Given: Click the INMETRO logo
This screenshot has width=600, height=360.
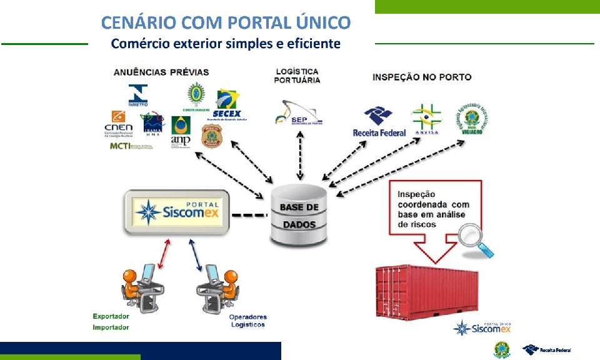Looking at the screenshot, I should click(x=138, y=95).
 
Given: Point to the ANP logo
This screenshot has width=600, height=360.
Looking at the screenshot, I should click(x=181, y=131).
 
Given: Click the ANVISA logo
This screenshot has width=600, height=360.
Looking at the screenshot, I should click(x=425, y=119).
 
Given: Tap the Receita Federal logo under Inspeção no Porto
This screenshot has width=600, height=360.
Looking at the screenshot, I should click(x=379, y=122).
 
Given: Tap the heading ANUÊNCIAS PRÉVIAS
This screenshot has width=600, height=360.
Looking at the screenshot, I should click(x=161, y=72).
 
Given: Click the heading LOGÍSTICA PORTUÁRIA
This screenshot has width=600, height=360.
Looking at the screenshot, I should click(x=297, y=76).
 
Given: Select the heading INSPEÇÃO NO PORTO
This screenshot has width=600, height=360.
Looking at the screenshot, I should click(x=422, y=77).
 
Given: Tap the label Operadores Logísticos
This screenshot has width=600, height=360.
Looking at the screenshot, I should click(x=247, y=321).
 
